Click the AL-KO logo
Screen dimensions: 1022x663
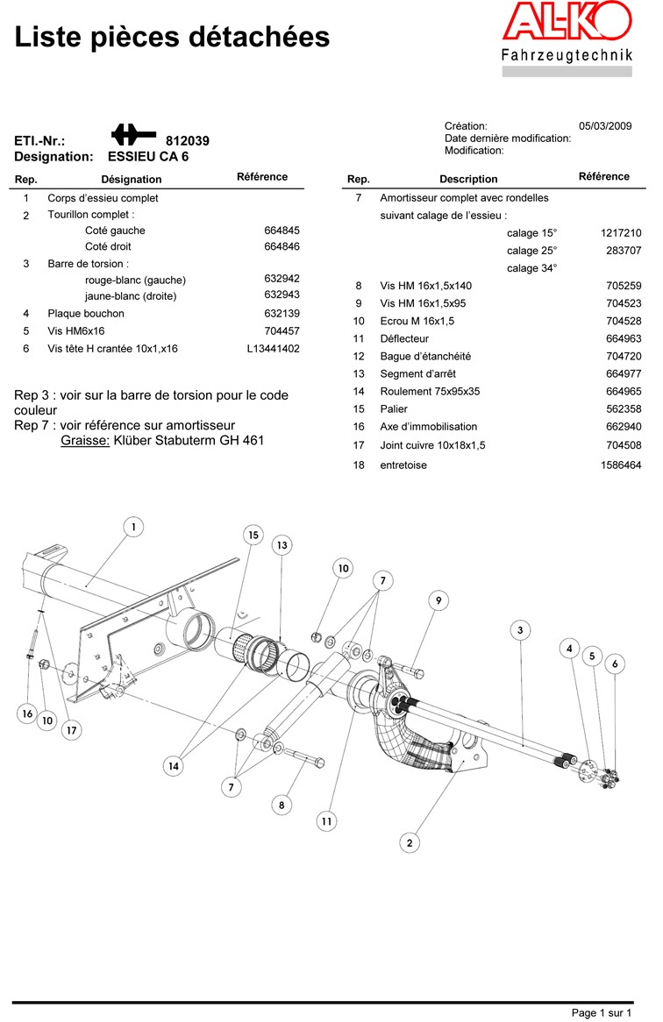[x=566, y=26]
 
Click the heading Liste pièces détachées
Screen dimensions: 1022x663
[x=172, y=37]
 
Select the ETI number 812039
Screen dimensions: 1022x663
[x=188, y=140]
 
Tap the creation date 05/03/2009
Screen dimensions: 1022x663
[x=605, y=126]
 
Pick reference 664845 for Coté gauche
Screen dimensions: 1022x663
[x=282, y=231]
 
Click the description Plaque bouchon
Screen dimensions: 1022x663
[x=86, y=313]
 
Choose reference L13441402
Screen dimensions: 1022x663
[x=274, y=349]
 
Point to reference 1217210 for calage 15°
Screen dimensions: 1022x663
[x=621, y=233]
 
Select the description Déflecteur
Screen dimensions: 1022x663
[x=404, y=338]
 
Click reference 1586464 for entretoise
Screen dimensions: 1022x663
[x=621, y=465]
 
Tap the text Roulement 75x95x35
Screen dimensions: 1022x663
[x=430, y=391]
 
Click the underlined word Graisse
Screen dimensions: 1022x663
[x=85, y=440]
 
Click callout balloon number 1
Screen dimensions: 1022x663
[x=133, y=527]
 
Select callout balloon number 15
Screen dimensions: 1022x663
[x=253, y=536]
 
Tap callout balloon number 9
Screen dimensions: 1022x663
[x=438, y=600]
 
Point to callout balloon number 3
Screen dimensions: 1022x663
[x=520, y=630]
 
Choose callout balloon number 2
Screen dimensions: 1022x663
[x=410, y=843]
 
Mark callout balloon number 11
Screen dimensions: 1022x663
[x=326, y=821]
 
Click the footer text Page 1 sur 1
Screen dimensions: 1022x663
[x=602, y=1013]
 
